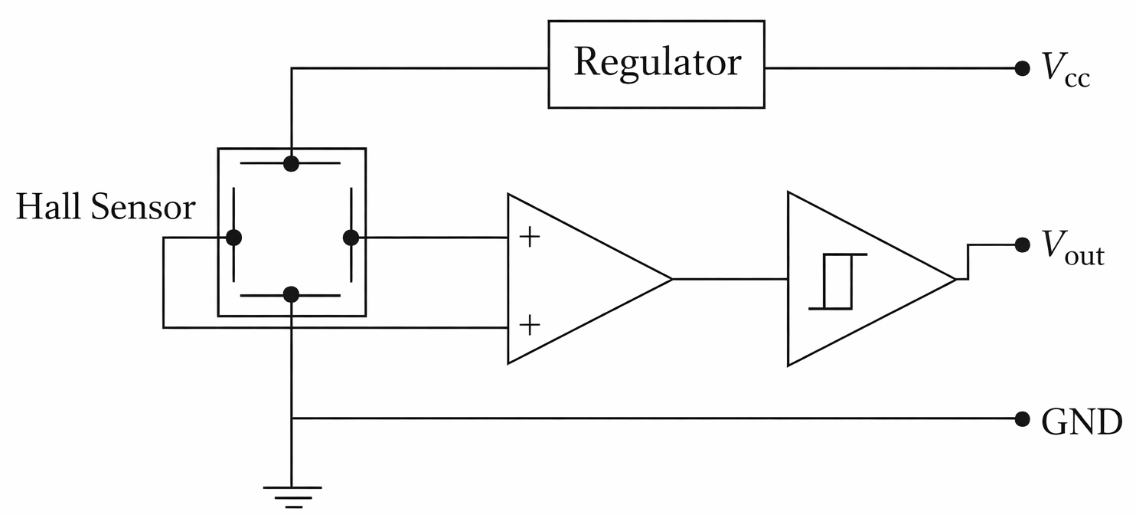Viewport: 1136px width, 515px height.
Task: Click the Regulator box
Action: pos(656,64)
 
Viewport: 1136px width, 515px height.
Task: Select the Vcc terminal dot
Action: pos(1021,68)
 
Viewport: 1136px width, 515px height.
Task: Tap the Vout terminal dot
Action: pos(1021,244)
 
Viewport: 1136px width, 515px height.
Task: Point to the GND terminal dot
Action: pos(1021,418)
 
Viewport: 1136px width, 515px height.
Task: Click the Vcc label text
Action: pos(1064,71)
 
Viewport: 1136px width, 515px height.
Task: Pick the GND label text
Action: pos(1082,421)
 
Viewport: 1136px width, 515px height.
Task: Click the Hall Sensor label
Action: pos(106,207)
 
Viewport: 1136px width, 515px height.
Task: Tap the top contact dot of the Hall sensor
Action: pos(291,163)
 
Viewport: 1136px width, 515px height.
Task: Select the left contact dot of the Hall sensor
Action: pos(234,238)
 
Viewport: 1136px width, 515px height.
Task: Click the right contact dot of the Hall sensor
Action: pos(351,238)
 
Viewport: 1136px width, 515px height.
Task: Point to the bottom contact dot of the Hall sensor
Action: pos(291,294)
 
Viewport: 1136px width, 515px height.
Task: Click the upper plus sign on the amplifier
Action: pos(529,238)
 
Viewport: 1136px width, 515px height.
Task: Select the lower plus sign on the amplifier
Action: pos(529,325)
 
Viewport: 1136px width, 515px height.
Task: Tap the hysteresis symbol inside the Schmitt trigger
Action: pos(837,281)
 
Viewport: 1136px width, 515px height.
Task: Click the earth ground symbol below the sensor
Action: pos(292,494)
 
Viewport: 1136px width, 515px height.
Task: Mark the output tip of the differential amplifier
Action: pos(671,279)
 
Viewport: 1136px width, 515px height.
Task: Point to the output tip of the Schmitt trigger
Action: pos(955,279)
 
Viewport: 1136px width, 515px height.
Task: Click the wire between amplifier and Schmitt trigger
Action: pos(730,279)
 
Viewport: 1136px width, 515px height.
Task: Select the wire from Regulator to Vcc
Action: pos(892,68)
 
